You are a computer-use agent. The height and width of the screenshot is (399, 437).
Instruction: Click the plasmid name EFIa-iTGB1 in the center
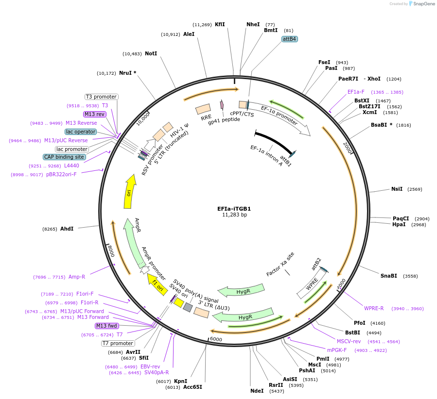coord(234,209)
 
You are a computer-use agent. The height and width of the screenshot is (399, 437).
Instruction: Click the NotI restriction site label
coord(151,53)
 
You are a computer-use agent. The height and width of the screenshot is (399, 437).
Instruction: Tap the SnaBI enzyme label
coord(389,276)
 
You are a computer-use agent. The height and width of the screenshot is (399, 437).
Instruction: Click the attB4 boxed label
coord(290,39)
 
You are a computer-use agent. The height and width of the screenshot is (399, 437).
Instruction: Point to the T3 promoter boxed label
coord(101,97)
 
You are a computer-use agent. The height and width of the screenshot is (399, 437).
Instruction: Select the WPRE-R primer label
coord(374,308)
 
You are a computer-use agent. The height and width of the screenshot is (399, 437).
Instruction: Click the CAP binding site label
coord(64,157)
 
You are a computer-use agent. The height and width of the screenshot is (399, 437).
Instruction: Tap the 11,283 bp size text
coord(234,215)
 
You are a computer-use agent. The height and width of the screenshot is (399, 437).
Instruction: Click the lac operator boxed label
coord(81,132)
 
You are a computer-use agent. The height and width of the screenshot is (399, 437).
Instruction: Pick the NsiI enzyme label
coord(397,189)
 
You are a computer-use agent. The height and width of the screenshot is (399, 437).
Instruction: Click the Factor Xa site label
coord(280,265)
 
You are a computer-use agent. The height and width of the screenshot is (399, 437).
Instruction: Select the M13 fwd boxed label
coord(105,326)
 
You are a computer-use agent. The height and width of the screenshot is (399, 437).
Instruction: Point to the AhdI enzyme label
coord(67,228)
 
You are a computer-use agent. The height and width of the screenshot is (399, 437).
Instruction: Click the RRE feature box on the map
coord(203,109)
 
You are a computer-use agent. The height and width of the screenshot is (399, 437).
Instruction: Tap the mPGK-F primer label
coord(337,349)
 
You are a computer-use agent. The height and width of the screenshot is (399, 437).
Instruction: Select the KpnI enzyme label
coord(180,381)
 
